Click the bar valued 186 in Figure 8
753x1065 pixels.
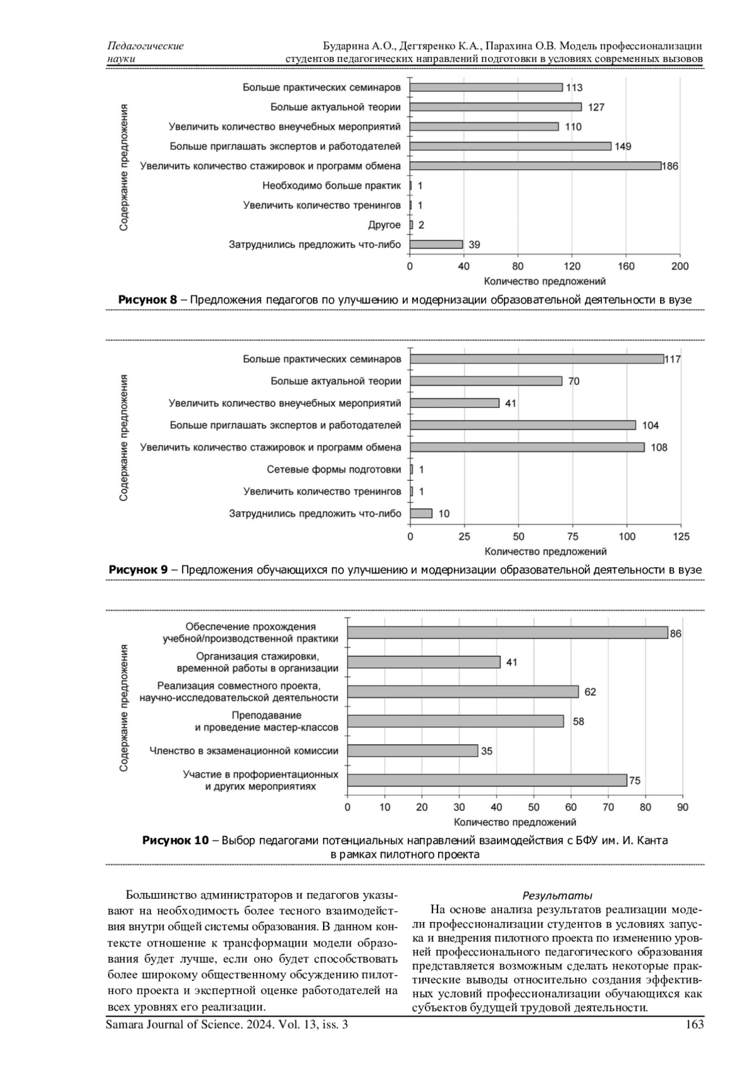pyautogui.click(x=535, y=166)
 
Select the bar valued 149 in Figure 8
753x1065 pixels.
pyautogui.click(x=510, y=146)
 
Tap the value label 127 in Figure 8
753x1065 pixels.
pyautogui.click(x=596, y=107)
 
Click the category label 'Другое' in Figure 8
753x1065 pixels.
pyautogui.click(x=384, y=225)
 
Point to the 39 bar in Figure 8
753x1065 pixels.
pyautogui.click(x=436, y=244)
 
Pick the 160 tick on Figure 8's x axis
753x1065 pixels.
pyautogui.click(x=626, y=266)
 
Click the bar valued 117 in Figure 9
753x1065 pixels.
pyautogui.click(x=537, y=359)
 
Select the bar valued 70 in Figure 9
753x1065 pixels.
pyautogui.click(x=486, y=381)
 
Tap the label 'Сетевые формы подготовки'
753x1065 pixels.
pyautogui.click(x=334, y=469)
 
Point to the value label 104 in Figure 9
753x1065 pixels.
pyautogui.click(x=651, y=425)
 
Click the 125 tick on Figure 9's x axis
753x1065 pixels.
pyautogui.click(x=681, y=537)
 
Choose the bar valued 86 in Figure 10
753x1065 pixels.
pyautogui.click(x=508, y=633)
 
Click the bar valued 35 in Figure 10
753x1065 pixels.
pyautogui.click(x=412, y=751)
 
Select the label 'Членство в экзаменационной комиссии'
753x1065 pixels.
pyautogui.click(x=243, y=751)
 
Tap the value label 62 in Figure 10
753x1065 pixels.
pyautogui.click(x=590, y=692)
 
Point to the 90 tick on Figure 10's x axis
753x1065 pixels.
pyautogui.click(x=683, y=807)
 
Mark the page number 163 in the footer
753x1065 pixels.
pyautogui.click(x=695, y=1024)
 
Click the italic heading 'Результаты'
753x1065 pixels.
pyautogui.click(x=557, y=896)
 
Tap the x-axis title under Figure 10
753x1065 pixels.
pyautogui.click(x=515, y=822)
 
